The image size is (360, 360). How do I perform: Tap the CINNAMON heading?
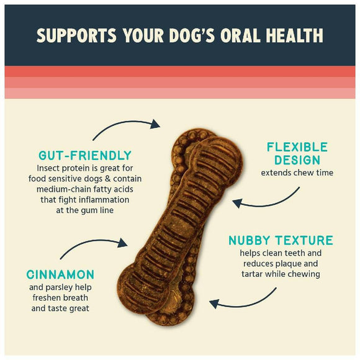[x=61, y=274]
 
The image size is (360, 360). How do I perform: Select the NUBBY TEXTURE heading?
[x=281, y=240]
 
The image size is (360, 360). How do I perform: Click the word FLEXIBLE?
[x=297, y=147]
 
